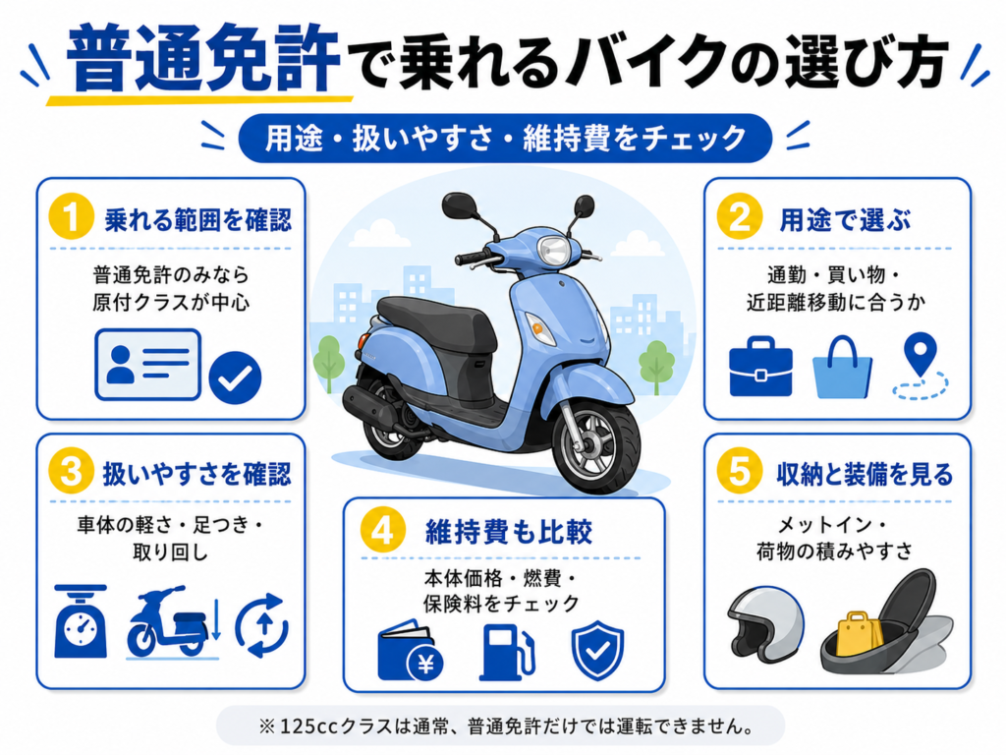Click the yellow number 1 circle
(x=71, y=217)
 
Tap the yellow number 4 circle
(x=383, y=532)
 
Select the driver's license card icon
(x=148, y=365)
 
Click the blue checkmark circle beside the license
(x=235, y=378)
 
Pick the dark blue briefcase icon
(x=760, y=367)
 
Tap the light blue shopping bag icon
(x=842, y=368)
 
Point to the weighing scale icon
(x=81, y=621)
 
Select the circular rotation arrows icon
(x=262, y=625)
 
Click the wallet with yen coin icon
(x=410, y=653)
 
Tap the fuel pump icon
(x=507, y=652)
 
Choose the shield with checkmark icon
(x=597, y=651)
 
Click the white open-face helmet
(x=765, y=624)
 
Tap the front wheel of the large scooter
(x=595, y=441)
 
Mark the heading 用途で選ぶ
(x=845, y=220)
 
